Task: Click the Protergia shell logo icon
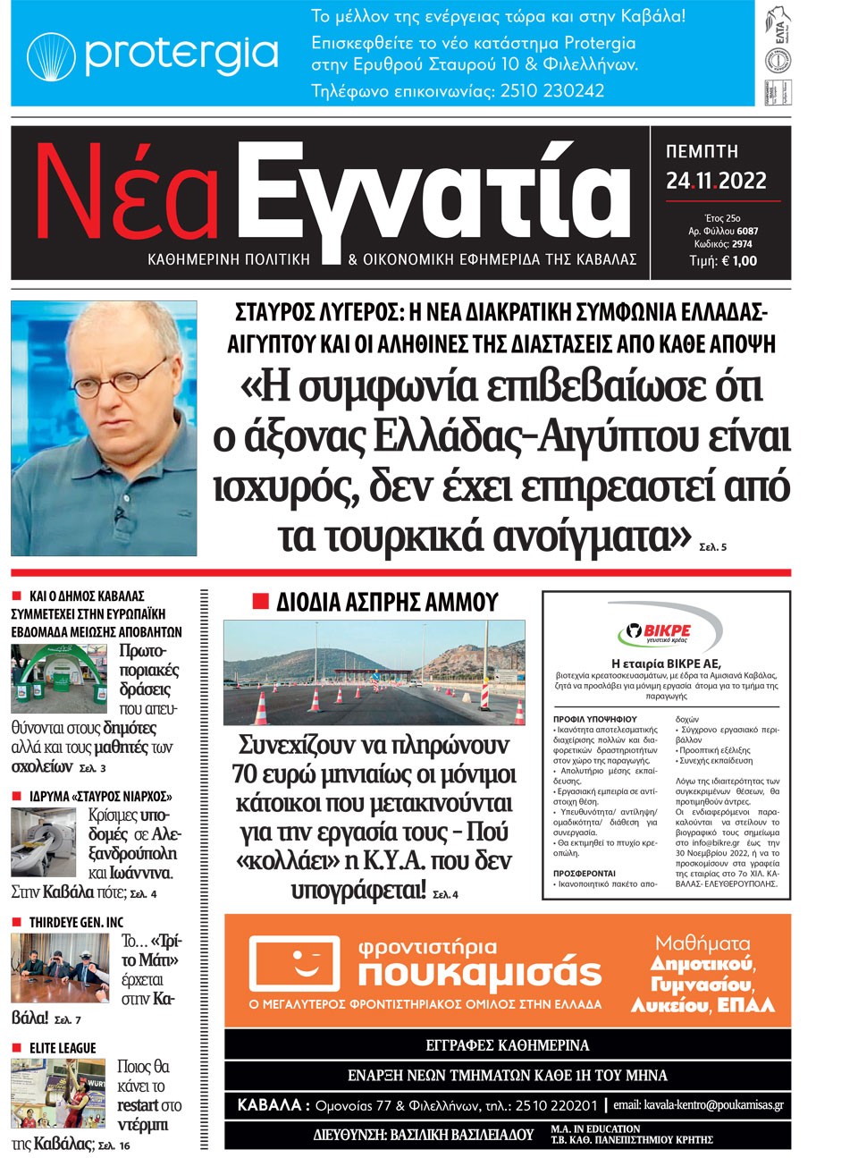point(51,55)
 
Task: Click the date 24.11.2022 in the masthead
point(716,182)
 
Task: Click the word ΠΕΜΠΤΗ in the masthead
point(702,152)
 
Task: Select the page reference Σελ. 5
point(712,546)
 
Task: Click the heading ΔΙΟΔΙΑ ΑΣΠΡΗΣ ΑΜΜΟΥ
point(386,602)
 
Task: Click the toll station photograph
point(374,672)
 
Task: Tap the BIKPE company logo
point(667,633)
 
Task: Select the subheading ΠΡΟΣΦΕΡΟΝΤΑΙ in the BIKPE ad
point(584,873)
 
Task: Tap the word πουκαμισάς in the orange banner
point(479,973)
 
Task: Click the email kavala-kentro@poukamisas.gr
point(698,1105)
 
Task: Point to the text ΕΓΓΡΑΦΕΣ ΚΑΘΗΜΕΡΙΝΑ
point(507,1044)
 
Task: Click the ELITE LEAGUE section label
point(62,1048)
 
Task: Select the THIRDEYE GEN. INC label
point(76,922)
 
